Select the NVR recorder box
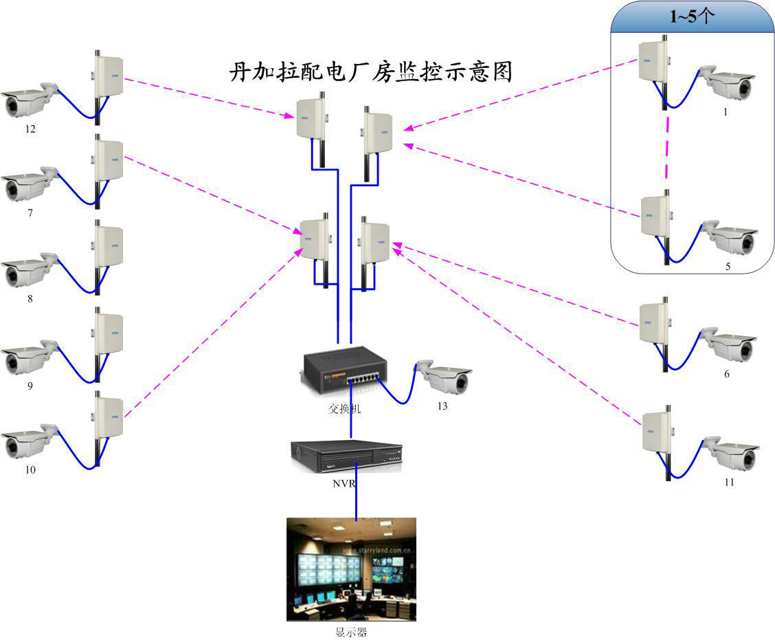pyautogui.click(x=346, y=456)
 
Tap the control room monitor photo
pyautogui.click(x=351, y=569)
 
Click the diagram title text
pyautogui.click(x=370, y=72)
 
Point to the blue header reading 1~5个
pyautogui.click(x=692, y=18)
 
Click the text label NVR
pyautogui.click(x=344, y=483)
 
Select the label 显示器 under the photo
pyautogui.click(x=351, y=632)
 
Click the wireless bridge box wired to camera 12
pyautogui.click(x=108, y=75)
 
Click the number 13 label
pyautogui.click(x=442, y=406)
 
